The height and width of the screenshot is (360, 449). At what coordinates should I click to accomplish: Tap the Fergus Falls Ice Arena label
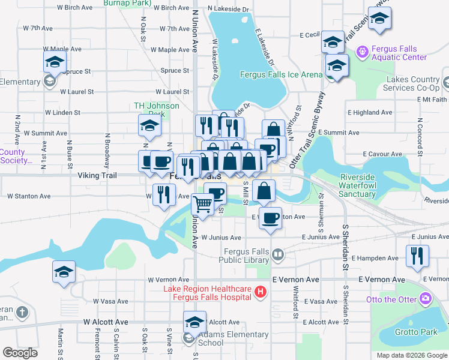(281, 75)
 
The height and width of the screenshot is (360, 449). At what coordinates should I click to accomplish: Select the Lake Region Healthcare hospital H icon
(260, 292)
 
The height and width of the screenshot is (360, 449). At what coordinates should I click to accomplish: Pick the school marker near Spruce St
(54, 62)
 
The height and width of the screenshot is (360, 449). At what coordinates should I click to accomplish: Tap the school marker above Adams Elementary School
(194, 322)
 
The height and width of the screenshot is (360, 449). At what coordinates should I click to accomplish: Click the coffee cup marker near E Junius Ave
(271, 218)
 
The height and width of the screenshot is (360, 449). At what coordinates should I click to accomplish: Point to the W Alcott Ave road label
(106, 322)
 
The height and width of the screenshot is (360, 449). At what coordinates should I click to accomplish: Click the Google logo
(20, 353)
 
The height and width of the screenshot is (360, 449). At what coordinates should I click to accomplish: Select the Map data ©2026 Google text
(411, 355)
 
